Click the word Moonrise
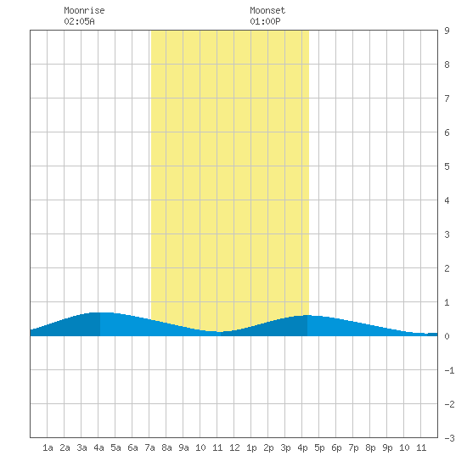point(84,10)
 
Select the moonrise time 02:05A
point(79,21)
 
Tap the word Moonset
point(267,10)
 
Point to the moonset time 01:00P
point(265,21)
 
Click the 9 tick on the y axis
point(447,31)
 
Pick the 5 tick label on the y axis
point(447,166)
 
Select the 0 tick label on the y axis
point(447,336)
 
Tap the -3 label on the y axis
point(449,438)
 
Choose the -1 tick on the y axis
point(449,370)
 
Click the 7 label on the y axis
point(447,98)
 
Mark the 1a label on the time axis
point(48,447)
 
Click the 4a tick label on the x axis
point(98,447)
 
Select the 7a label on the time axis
point(149,447)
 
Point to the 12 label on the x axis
point(234,447)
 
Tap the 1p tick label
point(251,447)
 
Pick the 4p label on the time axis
point(302,447)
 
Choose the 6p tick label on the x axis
point(336,447)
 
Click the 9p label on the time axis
point(387,447)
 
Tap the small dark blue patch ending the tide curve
point(432,335)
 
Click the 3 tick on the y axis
point(447,234)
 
